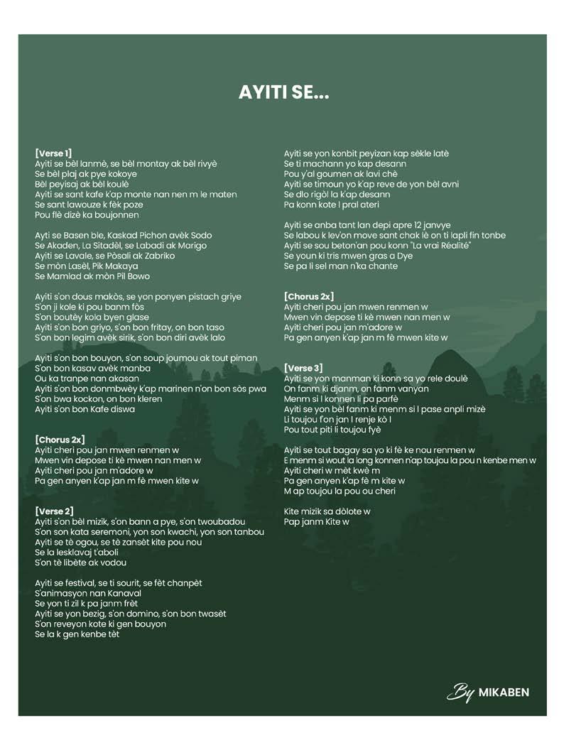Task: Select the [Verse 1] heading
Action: pos(53,153)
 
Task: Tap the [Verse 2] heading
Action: pos(53,511)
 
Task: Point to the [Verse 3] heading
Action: pos(303,368)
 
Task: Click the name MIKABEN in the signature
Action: pos(504,692)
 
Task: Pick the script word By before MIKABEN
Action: pos(460,692)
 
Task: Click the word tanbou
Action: pos(247,532)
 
